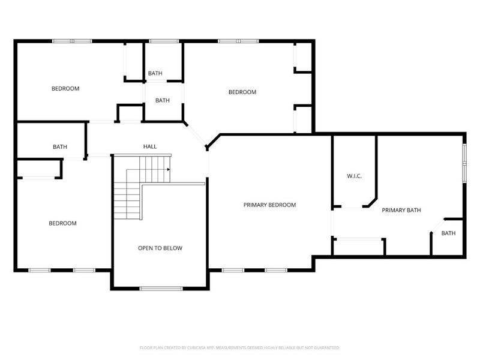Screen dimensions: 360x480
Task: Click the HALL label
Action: coord(149,146)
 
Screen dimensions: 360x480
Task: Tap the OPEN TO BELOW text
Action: coord(160,248)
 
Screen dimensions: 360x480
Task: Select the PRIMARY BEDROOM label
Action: coord(269,205)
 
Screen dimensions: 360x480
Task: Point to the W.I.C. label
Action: coord(354,176)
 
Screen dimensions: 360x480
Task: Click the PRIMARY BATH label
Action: coord(401,210)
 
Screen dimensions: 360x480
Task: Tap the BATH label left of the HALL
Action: coord(60,146)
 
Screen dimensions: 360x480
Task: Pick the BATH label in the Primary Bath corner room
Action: coord(448,233)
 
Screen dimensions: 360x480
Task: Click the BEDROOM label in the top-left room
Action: coord(65,89)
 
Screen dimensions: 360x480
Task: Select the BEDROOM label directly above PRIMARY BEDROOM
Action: coord(242,92)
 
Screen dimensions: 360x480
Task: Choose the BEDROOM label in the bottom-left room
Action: coord(62,223)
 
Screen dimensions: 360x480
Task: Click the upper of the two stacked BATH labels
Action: coord(155,73)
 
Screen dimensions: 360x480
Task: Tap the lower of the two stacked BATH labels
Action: coord(163,100)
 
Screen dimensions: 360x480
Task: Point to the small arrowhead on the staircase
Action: coord(169,169)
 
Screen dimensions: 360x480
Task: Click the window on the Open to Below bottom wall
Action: coord(161,289)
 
